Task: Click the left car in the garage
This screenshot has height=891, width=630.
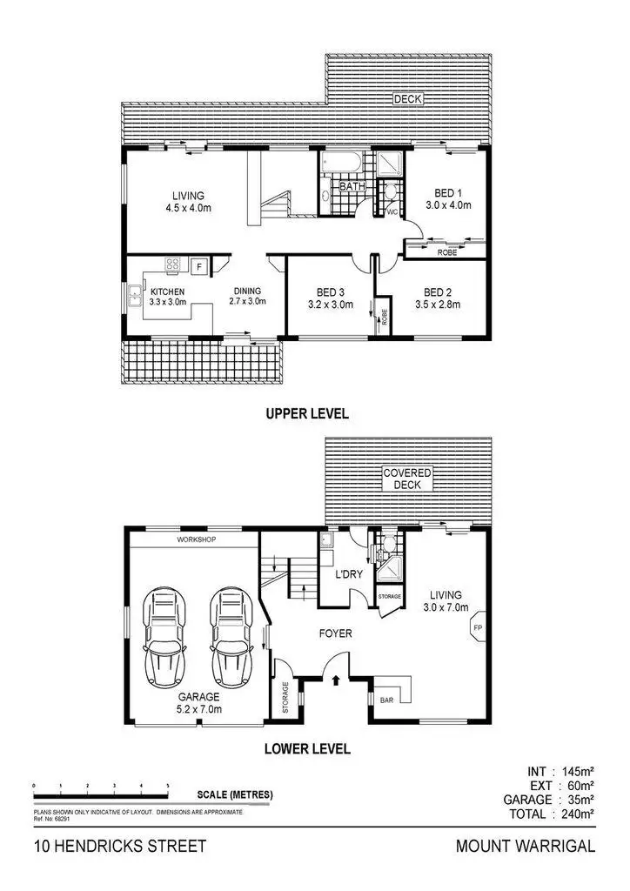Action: click(x=165, y=637)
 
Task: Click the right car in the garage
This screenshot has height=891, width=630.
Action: click(x=230, y=637)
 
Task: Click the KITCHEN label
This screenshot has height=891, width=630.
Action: click(x=167, y=291)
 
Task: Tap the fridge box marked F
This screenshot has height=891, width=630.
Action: click(x=198, y=266)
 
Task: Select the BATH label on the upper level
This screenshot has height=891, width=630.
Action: click(x=352, y=186)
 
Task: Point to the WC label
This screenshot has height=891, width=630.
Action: click(x=392, y=211)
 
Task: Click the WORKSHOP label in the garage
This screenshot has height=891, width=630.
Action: click(x=196, y=539)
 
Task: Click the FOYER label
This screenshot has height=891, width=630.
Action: click(x=335, y=633)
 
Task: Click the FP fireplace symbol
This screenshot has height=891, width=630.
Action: click(x=478, y=626)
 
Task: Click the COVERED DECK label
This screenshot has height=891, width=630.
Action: click(x=408, y=479)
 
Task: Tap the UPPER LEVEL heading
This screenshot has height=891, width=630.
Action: click(x=307, y=414)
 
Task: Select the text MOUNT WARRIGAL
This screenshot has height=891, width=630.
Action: click(x=526, y=846)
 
